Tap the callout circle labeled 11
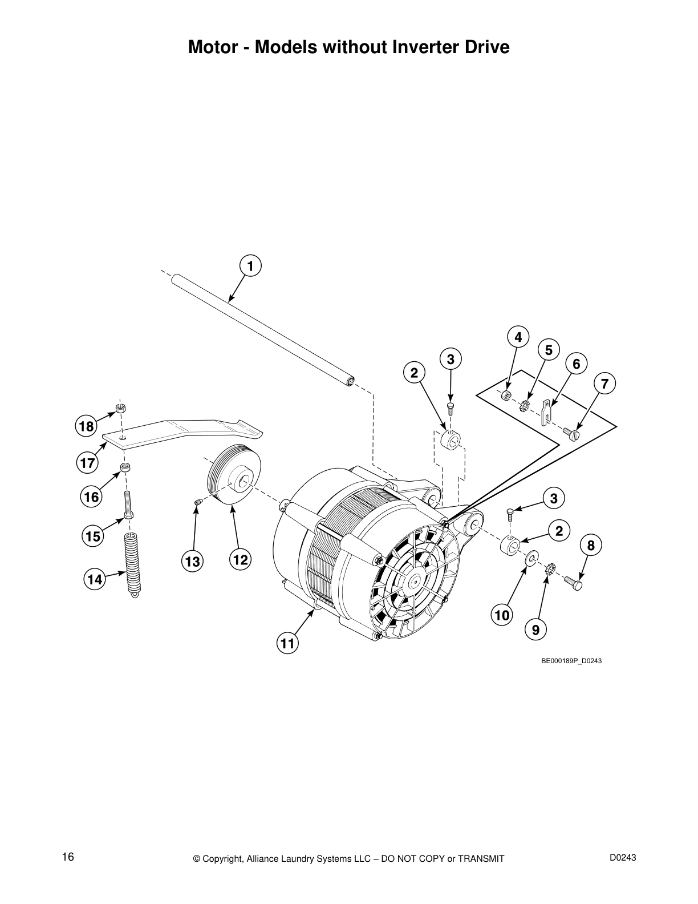[x=288, y=644]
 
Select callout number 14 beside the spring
[x=95, y=580]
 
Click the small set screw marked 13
[x=198, y=502]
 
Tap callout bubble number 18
[x=86, y=426]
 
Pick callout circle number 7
[x=604, y=383]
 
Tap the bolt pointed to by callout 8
[x=574, y=584]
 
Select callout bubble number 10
[x=502, y=615]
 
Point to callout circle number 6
[x=576, y=364]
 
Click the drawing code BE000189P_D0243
[x=571, y=660]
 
